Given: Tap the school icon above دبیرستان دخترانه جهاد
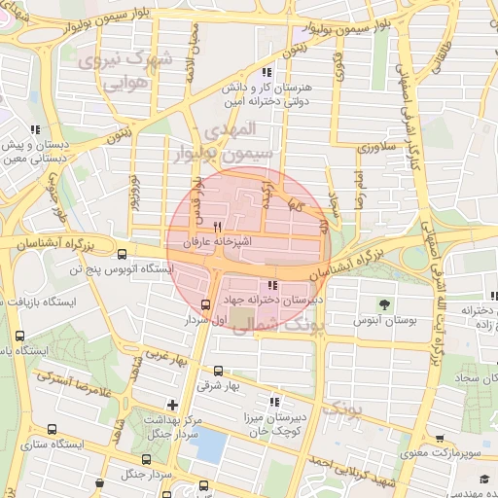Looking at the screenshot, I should (x=271, y=285).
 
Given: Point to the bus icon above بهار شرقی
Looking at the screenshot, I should (x=217, y=371).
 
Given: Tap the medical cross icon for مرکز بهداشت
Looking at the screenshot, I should (x=172, y=405).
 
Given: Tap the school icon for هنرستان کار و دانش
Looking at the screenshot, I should (x=266, y=74).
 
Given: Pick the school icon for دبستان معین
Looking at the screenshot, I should (x=34, y=129).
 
